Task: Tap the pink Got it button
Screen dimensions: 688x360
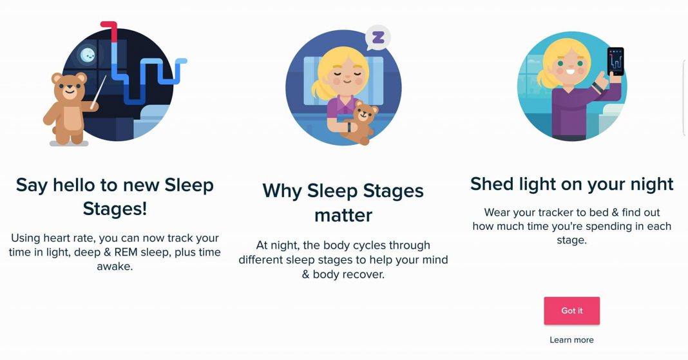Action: tap(572, 310)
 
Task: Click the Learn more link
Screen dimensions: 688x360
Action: tap(571, 340)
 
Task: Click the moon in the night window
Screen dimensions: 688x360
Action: tap(88, 55)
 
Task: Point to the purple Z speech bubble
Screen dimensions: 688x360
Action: tap(377, 38)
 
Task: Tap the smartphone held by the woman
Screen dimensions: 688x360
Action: tap(616, 61)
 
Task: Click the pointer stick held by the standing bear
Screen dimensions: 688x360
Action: tap(99, 91)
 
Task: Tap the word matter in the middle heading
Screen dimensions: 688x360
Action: tap(343, 215)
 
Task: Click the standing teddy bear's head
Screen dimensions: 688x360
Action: tap(69, 86)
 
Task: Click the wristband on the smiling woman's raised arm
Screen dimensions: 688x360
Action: tap(598, 87)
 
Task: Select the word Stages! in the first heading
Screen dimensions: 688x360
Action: tap(115, 208)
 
